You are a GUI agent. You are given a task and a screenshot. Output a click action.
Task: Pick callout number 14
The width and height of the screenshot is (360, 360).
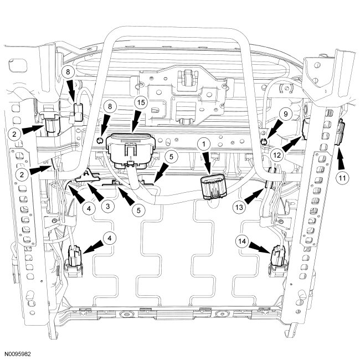pyautogui.click(x=240, y=241)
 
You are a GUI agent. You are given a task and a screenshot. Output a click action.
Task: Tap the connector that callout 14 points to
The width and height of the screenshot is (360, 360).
pyautogui.click(x=277, y=260)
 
